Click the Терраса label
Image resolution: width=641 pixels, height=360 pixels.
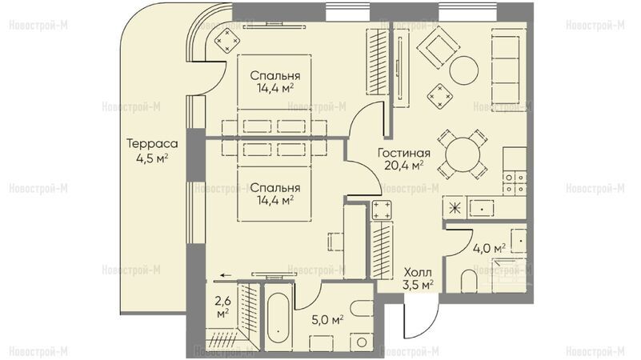(x=152, y=144)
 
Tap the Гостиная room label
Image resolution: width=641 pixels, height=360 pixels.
(x=404, y=154)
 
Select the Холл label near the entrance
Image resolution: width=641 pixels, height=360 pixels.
(x=418, y=272)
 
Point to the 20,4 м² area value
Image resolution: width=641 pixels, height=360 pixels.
(x=404, y=166)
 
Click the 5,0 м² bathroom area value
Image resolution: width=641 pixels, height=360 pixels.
(x=327, y=319)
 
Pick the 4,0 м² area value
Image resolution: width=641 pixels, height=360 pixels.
(x=490, y=248)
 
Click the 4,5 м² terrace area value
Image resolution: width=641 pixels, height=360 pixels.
(x=152, y=158)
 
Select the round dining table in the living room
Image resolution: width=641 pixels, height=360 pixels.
(x=463, y=155)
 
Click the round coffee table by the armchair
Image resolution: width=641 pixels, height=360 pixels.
(x=463, y=70)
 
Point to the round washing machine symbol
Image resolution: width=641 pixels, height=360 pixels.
(x=362, y=342)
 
